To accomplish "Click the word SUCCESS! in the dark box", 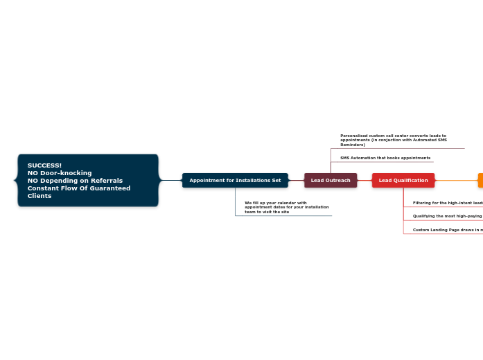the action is tap(44, 165).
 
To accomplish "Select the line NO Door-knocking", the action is tap(60, 173).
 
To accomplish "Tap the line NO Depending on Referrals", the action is tap(75, 181).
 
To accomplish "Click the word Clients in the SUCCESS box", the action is tap(39, 196).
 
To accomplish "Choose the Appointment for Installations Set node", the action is tap(235, 181).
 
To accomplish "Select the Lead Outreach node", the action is tap(331, 181).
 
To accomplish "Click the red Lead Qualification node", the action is tap(403, 181).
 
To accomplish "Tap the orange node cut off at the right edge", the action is tap(480, 181).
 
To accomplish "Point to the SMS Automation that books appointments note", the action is tap(385, 158).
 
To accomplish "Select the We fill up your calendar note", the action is tap(286, 207).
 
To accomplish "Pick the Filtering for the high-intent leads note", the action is tap(447, 203).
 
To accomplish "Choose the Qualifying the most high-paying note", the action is tap(447, 216).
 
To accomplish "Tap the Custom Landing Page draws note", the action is tap(447, 230).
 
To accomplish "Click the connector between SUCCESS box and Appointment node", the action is tap(170, 181).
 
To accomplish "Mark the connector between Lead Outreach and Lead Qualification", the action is tap(365, 181).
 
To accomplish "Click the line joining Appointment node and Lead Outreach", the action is tap(296, 181).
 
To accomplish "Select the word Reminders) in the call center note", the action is tap(353, 145).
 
